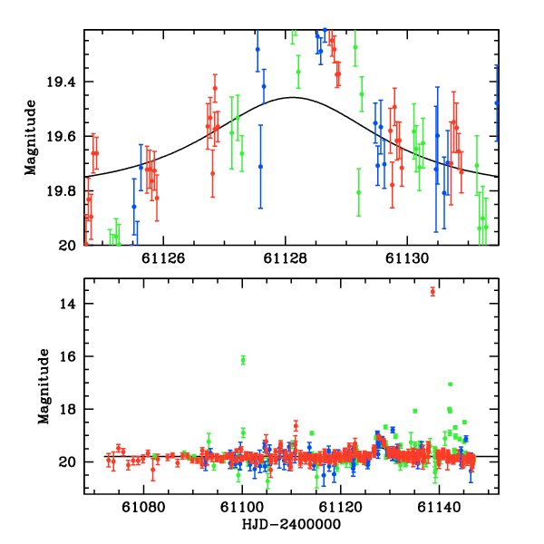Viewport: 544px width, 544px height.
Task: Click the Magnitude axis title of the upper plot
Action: click(x=30, y=137)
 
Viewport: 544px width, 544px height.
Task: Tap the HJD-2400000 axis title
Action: click(x=291, y=525)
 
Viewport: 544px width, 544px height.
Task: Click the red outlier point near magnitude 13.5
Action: click(x=432, y=291)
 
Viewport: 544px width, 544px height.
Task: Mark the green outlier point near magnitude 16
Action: click(x=243, y=360)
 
